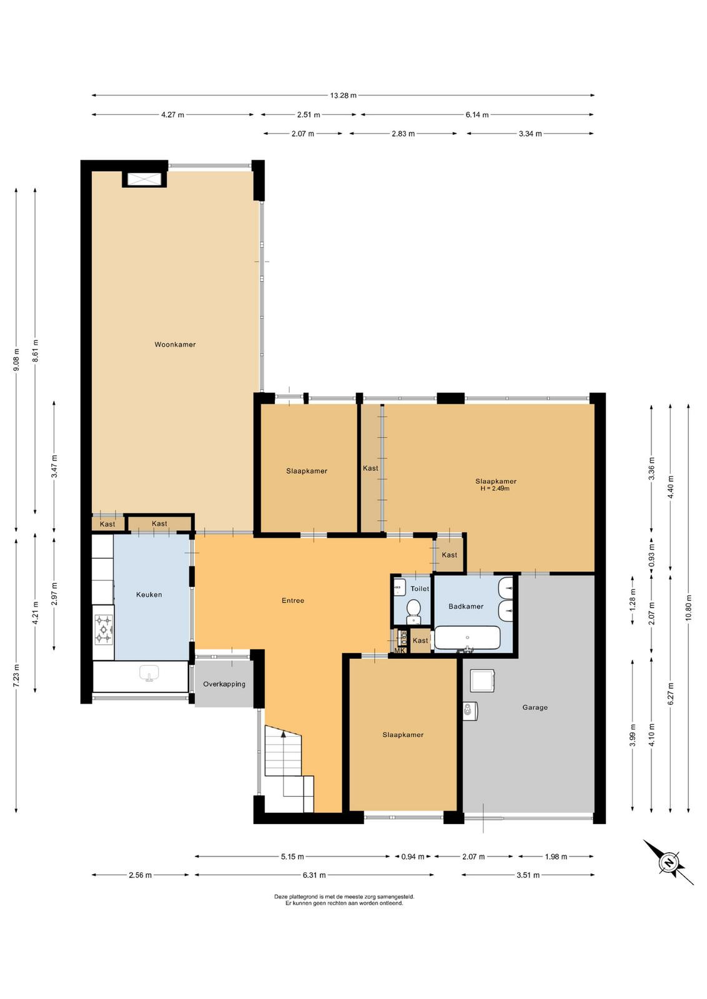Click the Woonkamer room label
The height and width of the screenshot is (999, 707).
pos(175,344)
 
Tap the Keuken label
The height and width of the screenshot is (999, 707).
pos(149,594)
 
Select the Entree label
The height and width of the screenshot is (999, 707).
pos(293,600)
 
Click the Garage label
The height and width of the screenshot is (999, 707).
pos(535,707)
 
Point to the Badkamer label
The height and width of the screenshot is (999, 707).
pos(466,606)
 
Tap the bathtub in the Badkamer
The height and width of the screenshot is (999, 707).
pos(467,638)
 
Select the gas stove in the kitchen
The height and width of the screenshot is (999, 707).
pos(104,630)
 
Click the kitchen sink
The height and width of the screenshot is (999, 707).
pos(149,673)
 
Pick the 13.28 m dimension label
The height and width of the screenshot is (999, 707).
pos(343,95)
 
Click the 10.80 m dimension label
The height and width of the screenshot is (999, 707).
pos(688,608)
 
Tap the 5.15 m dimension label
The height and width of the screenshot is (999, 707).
pos(292,856)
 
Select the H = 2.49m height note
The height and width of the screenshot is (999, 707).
pos(495,488)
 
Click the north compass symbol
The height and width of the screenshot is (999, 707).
pos(668,862)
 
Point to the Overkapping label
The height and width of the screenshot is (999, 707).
pos(224,684)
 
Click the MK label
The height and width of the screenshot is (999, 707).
pos(399,650)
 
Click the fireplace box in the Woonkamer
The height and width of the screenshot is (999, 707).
pos(144,179)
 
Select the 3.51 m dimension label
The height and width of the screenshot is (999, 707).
pos(528,875)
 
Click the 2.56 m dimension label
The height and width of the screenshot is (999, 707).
pos(140,875)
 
